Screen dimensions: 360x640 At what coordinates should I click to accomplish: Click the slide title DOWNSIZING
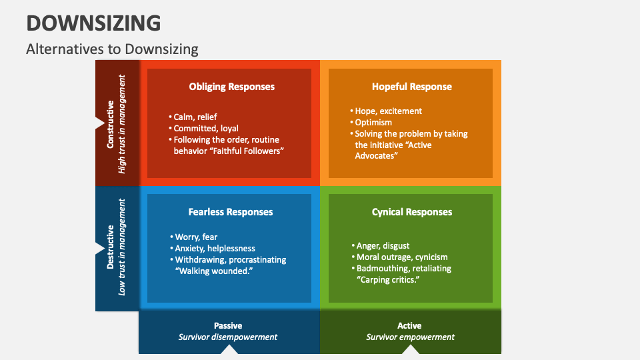(x=93, y=23)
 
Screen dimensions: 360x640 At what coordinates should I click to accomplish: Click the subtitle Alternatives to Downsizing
(x=112, y=49)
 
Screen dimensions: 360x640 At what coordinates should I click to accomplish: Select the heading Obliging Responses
(x=231, y=87)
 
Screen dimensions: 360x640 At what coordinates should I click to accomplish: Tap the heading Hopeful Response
(x=411, y=87)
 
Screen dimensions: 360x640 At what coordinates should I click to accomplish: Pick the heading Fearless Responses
(x=231, y=212)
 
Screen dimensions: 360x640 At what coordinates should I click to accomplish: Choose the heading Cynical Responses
(x=411, y=212)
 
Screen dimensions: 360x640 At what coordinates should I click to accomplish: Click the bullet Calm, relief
(x=195, y=117)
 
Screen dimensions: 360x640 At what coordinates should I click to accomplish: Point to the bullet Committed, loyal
(x=205, y=128)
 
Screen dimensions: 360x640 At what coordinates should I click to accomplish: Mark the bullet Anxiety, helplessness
(x=214, y=248)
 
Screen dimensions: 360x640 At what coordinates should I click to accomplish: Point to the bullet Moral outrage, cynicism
(x=401, y=257)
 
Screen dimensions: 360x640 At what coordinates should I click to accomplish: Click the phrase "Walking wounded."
(x=213, y=271)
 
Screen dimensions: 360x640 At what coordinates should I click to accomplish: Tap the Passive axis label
(x=228, y=325)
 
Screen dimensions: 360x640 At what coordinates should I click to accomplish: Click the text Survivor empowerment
(x=410, y=337)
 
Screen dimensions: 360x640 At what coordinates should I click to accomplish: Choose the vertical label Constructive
(x=111, y=123)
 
